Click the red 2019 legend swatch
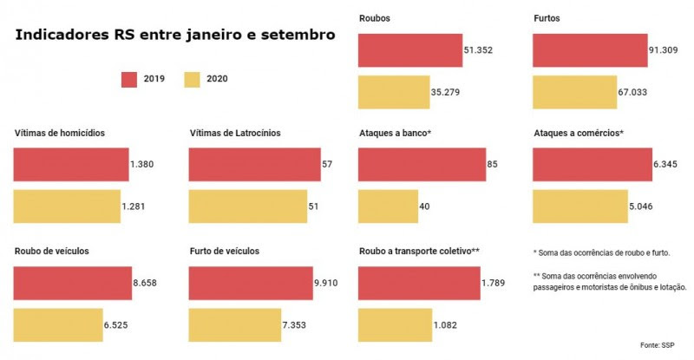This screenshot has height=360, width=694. point(129,80)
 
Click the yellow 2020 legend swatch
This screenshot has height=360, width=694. point(193,80)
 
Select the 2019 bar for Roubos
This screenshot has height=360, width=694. point(409,50)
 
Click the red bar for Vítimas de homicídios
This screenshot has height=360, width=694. point(70,164)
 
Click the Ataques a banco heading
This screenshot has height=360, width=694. point(396,134)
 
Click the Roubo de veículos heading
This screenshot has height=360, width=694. point(52,252)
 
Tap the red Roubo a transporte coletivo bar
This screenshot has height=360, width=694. point(418,283)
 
